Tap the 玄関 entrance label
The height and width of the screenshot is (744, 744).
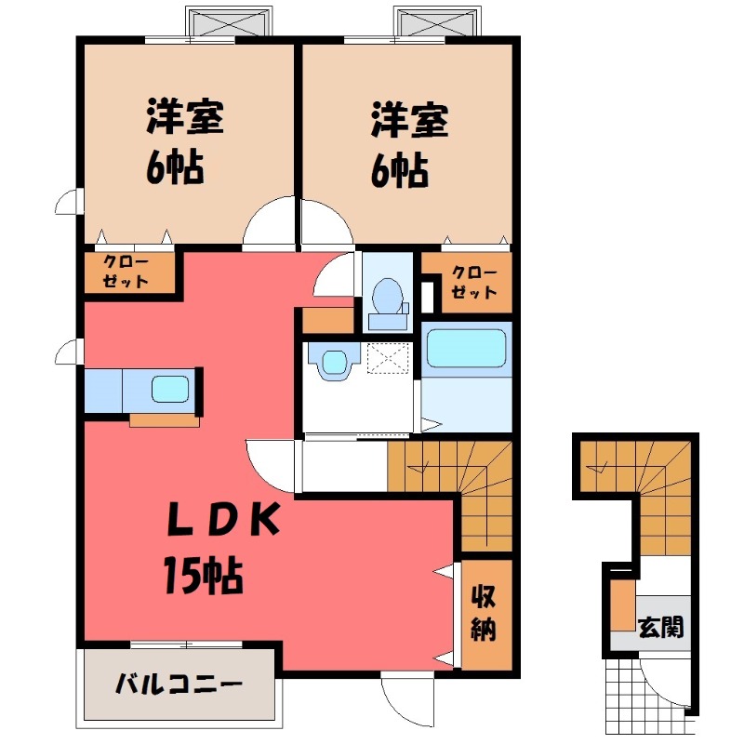[661, 627]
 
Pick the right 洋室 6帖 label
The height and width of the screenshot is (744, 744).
[409, 143]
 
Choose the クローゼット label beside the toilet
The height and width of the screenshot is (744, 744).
[473, 282]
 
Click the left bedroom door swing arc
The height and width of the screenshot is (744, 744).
[270, 225]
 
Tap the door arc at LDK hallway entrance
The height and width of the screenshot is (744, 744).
[270, 465]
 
